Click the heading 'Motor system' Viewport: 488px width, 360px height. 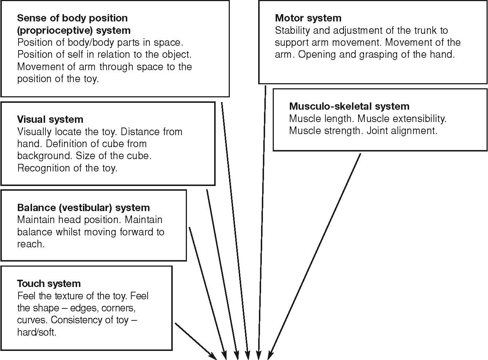pos(308,18)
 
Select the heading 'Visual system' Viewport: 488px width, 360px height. pos(50,120)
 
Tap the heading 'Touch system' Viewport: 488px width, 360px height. pos(49,284)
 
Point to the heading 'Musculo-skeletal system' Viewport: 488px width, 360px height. pos(349,106)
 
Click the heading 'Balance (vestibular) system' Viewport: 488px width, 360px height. pos(83,208)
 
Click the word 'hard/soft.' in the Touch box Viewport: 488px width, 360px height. pos(37,332)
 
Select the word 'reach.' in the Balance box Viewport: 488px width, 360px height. pos(31,244)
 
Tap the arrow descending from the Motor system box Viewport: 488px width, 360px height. pos(262,218)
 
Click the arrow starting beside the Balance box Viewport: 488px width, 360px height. pos(207,291)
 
